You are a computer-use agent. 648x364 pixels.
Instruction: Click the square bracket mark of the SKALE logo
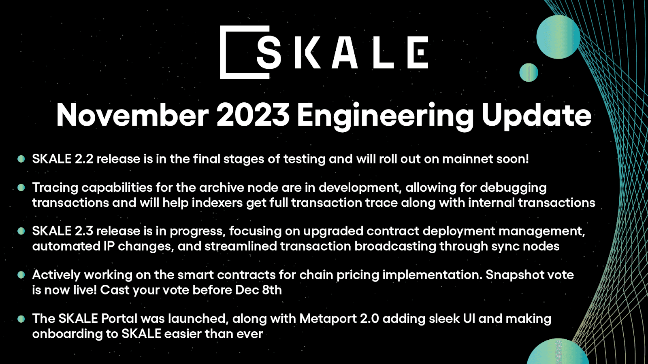227,53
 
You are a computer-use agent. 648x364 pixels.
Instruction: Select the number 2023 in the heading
253,115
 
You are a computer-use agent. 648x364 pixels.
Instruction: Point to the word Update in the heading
536,115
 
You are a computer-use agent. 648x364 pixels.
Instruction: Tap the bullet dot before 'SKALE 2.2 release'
21,159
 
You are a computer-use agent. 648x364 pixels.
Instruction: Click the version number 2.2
84,159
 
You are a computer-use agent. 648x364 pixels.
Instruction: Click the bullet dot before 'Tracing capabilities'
21,187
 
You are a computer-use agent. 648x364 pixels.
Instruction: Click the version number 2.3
84,231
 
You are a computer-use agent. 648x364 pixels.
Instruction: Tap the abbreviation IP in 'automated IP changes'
109,246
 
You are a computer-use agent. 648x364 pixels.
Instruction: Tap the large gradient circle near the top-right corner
558,37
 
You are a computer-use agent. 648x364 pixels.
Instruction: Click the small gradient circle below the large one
529,73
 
